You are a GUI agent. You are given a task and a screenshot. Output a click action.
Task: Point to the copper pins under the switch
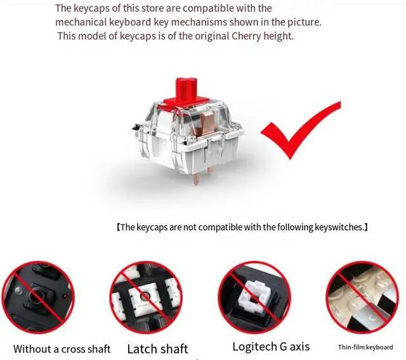[x=203, y=176]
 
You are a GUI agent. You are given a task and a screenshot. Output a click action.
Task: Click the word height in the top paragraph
[x=278, y=36]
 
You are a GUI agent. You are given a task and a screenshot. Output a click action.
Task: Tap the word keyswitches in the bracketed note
[x=339, y=228]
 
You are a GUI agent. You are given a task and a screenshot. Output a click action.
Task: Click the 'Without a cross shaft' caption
[x=62, y=349]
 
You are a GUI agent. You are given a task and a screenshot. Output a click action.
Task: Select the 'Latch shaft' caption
[x=157, y=349]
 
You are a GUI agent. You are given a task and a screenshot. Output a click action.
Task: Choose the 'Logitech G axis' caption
[x=271, y=347]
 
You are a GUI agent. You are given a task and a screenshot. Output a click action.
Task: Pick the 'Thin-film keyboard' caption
[x=365, y=347]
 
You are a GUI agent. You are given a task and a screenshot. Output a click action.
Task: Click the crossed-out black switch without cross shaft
[x=38, y=297]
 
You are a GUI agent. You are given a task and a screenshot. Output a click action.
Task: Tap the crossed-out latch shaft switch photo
[x=147, y=297]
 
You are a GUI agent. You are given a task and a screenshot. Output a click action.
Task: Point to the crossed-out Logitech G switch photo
[x=254, y=297]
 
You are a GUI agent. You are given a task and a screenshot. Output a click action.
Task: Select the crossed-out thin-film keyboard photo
[x=362, y=297]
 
